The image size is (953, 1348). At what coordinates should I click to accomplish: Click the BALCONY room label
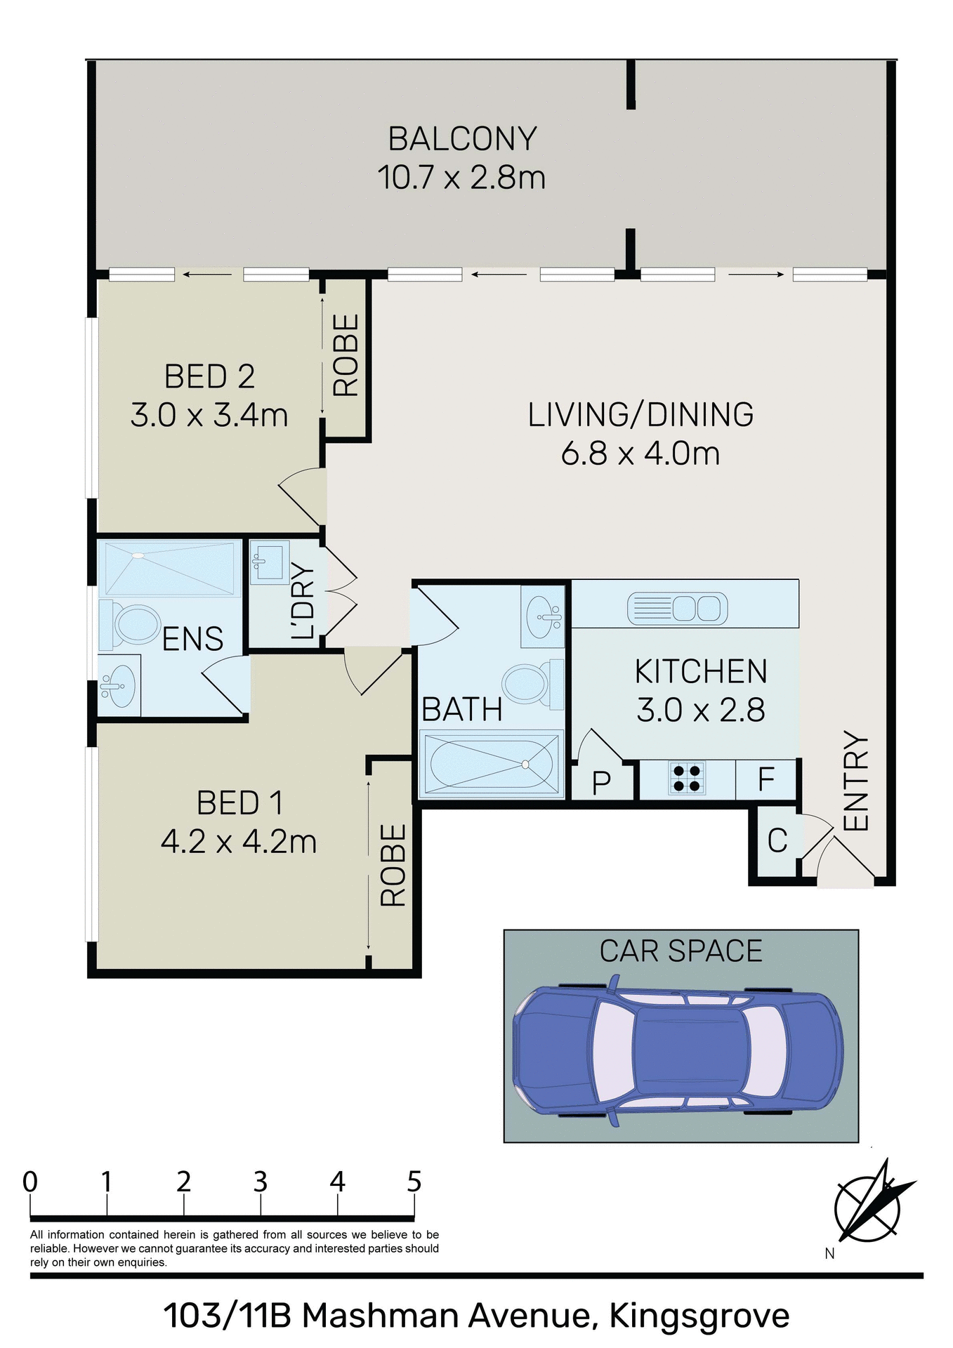pos(462,139)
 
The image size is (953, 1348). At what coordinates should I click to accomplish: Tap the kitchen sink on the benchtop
pos(677,608)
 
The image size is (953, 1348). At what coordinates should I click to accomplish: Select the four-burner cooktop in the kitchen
pos(686,779)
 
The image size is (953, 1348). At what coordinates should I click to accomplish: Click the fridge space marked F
pos(766,779)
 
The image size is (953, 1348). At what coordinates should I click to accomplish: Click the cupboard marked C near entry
pos(777,841)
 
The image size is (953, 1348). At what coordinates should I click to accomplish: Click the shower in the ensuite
pos(169,568)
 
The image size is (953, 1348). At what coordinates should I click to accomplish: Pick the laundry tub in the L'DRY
pos(269,562)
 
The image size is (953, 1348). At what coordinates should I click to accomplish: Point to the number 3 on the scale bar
pos(261,1182)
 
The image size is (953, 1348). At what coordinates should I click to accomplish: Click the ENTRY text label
pos(856,781)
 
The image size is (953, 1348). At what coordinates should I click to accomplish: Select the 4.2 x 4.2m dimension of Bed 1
pos(239,841)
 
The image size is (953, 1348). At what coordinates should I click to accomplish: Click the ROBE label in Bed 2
pos(346,355)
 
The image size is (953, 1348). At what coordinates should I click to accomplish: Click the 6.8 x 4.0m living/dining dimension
pos(640,454)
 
